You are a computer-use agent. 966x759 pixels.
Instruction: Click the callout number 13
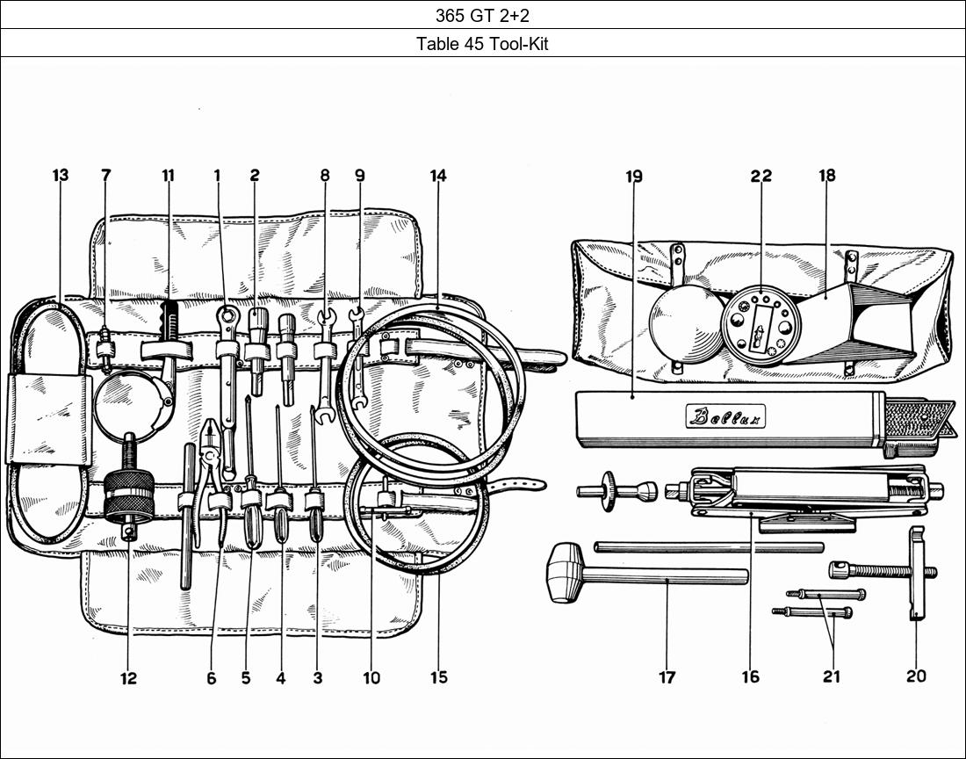pos(60,176)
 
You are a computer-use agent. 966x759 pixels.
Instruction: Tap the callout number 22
pos(761,176)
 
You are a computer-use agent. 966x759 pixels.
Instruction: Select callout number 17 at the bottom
pos(667,676)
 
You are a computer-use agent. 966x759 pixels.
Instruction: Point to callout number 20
pos(915,676)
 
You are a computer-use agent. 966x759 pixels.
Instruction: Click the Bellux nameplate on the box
pos(725,416)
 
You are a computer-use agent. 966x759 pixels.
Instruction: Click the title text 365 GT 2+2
pos(482,14)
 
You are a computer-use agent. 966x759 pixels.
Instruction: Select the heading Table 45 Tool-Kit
pos(482,43)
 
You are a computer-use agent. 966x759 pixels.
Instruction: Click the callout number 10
pos(371,676)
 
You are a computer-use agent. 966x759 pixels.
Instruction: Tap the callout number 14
pos(438,176)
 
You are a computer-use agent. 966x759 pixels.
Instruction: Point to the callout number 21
pos(831,676)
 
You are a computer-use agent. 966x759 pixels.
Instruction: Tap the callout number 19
pos(634,176)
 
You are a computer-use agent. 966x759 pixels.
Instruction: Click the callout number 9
pos(359,176)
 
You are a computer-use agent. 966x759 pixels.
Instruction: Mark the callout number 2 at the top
pos(255,176)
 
